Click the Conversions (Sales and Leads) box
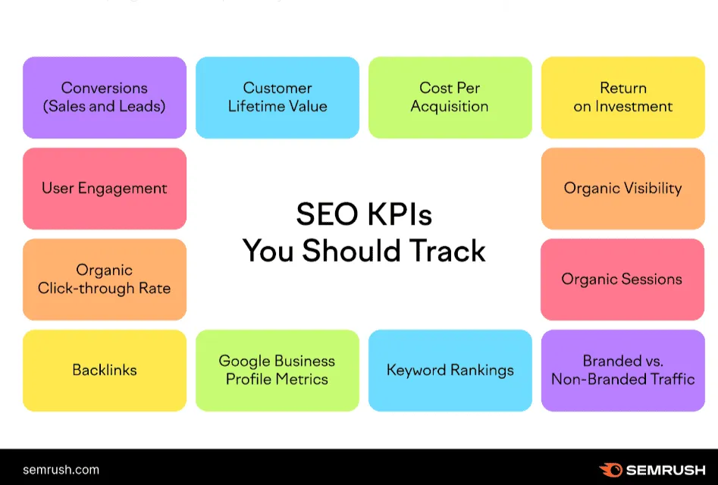pos(105,98)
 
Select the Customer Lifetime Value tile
pos(277,98)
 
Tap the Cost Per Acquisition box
pos(450,98)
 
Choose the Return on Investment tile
pos(622,98)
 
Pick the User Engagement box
pos(105,189)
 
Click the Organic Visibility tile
pos(622,189)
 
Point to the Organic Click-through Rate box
pos(105,279)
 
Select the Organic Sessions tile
pos(622,279)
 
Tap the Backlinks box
pos(105,370)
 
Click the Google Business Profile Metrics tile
pos(277,370)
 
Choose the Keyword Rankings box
pos(450,370)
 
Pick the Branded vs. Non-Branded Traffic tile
pos(622,370)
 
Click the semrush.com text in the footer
pos(61,469)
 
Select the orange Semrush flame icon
pos(610,470)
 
